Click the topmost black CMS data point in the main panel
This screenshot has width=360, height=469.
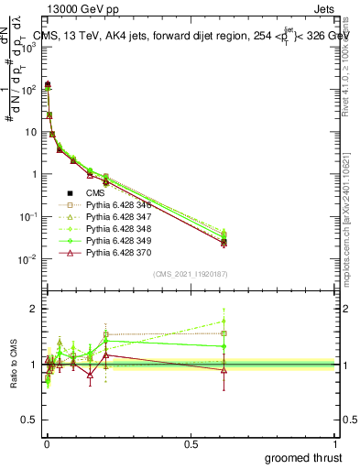pyautogui.click(x=47, y=84)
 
